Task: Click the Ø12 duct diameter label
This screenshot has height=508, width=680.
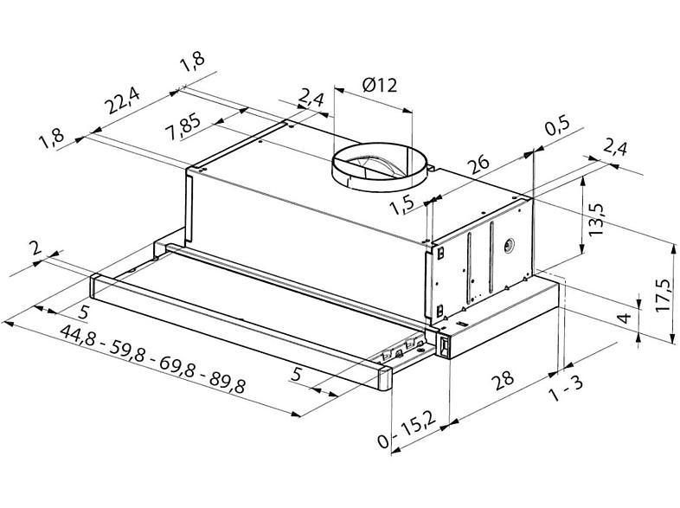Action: pyautogui.click(x=380, y=85)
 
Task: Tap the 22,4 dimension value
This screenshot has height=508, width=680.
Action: pyautogui.click(x=124, y=100)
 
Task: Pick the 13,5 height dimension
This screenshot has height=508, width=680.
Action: pyautogui.click(x=596, y=220)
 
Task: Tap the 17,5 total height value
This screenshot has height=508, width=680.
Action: pyautogui.click(x=664, y=294)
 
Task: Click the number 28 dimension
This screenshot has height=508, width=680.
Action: pyautogui.click(x=502, y=380)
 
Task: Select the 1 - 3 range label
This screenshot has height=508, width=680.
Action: pyautogui.click(x=566, y=389)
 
